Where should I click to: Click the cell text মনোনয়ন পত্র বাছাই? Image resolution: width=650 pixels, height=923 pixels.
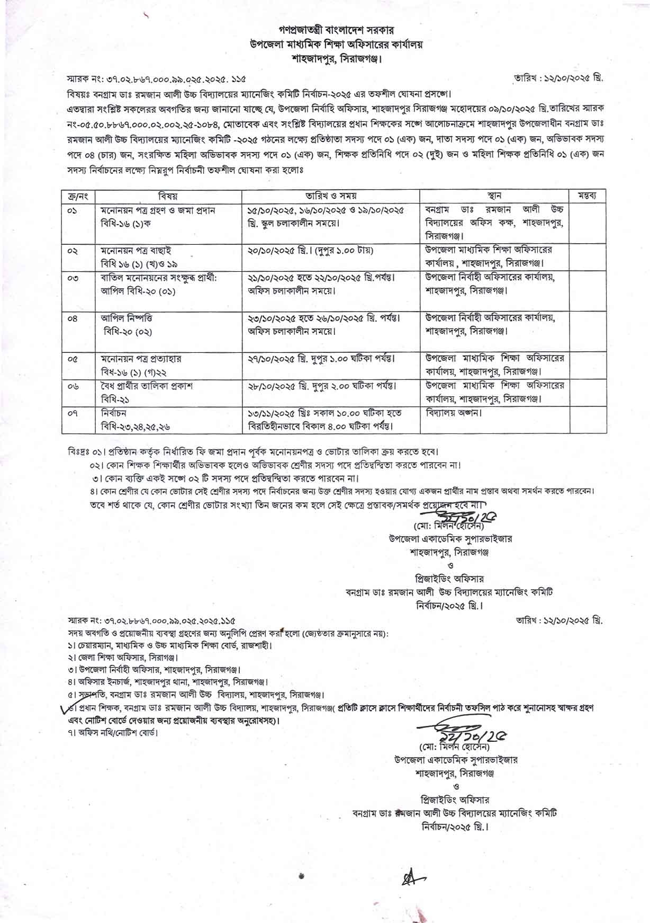point(136,250)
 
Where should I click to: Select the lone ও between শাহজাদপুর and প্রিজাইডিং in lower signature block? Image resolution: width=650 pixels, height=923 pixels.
point(456,786)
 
